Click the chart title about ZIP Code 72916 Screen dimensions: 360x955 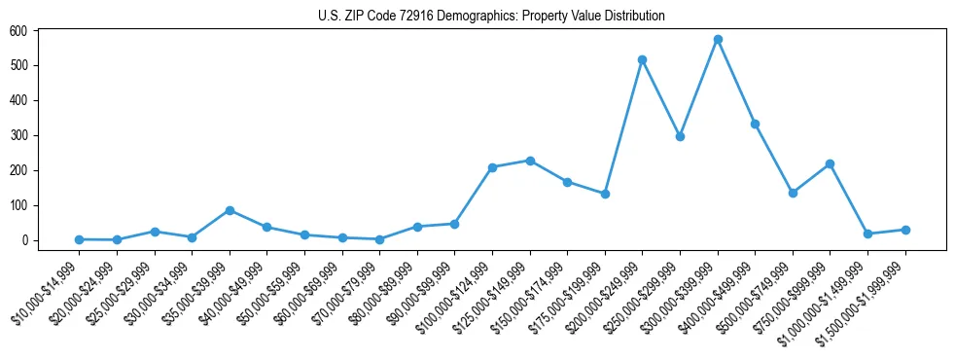pyautogui.click(x=491, y=16)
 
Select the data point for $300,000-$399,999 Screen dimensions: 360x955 pyautogui.click(x=718, y=40)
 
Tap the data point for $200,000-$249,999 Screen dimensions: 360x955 pyautogui.click(x=642, y=60)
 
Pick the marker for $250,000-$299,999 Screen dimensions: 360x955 pyautogui.click(x=680, y=136)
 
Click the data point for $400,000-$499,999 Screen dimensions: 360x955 pyautogui.click(x=755, y=124)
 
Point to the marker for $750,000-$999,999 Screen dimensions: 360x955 pyautogui.click(x=830, y=163)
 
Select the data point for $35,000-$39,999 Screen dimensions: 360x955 pyautogui.click(x=230, y=210)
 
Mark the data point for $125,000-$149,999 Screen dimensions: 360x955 pyautogui.click(x=530, y=161)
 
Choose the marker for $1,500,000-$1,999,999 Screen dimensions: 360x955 pyautogui.click(x=905, y=230)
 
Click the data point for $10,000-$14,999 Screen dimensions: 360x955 pyautogui.click(x=79, y=239)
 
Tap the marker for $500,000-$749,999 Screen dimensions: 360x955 pyautogui.click(x=793, y=193)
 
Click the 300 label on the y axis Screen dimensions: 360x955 pyautogui.click(x=19, y=135)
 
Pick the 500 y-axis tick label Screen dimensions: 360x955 pyautogui.click(x=19, y=65)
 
